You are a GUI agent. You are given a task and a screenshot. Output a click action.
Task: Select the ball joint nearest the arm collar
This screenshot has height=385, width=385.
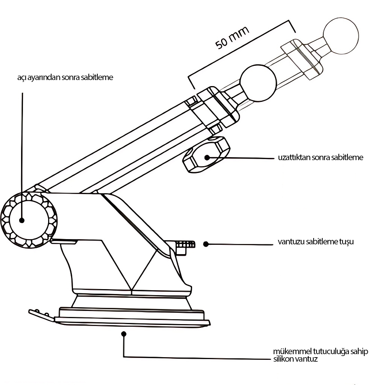point(258,83)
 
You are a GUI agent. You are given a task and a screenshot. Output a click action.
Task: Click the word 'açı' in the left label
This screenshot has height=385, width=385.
point(22,78)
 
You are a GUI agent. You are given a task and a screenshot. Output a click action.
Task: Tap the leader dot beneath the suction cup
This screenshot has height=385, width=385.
point(124,333)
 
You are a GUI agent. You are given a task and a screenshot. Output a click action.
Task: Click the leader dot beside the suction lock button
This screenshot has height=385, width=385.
point(206,244)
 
